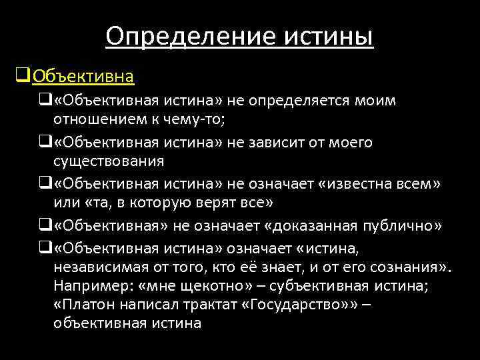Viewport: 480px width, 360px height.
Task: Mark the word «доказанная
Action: [313, 226]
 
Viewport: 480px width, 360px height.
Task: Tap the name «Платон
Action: [81, 304]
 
